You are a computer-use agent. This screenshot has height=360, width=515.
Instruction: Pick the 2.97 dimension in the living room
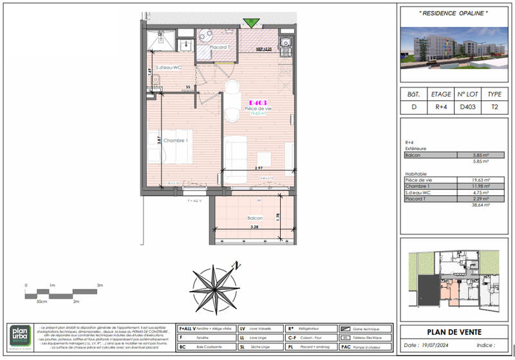259,168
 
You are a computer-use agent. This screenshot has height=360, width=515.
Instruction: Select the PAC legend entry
345,347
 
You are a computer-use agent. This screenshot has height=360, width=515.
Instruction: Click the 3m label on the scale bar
100,284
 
